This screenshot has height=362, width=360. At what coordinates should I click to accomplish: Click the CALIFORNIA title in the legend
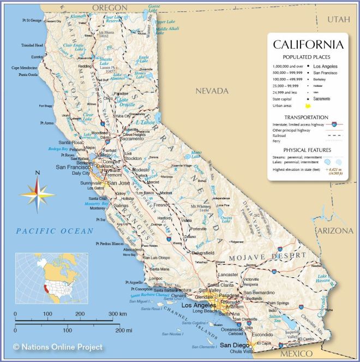[x=308, y=44]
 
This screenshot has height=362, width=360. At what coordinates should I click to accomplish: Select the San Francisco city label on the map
[x=76, y=167]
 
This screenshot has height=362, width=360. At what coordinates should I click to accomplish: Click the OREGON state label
[x=110, y=7]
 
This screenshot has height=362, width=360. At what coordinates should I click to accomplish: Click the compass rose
[x=37, y=192]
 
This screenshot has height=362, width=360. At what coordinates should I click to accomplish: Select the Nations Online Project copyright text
[x=58, y=347]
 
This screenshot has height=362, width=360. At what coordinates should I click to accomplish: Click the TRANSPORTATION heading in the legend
[x=306, y=117]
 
